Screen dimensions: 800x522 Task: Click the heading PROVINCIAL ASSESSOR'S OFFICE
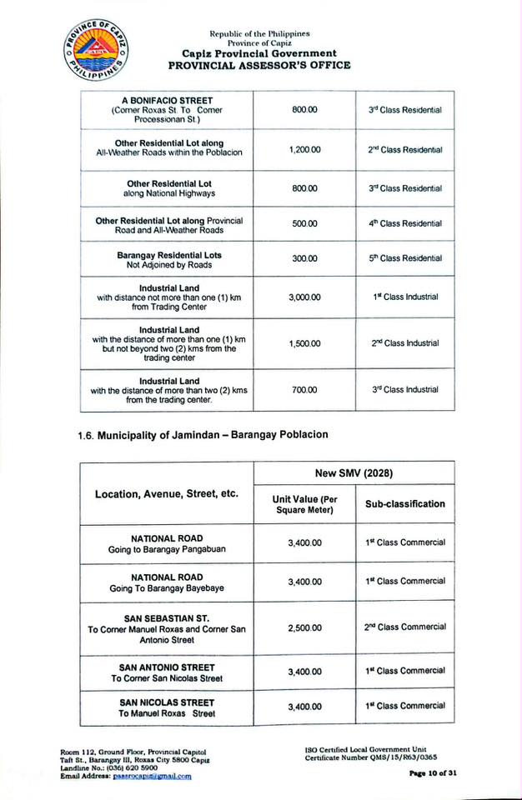[x=259, y=65]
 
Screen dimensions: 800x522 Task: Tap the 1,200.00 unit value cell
[x=304, y=149]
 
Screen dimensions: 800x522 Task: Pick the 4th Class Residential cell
[x=405, y=223]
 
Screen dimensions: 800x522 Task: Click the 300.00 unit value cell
[x=304, y=258]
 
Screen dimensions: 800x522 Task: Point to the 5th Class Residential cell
[x=405, y=258]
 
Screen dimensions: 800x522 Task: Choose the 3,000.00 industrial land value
[x=304, y=297]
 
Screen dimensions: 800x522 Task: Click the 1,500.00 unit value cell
[x=304, y=343]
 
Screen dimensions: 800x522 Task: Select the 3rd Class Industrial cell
[x=405, y=390]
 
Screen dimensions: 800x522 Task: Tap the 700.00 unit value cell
[x=304, y=390]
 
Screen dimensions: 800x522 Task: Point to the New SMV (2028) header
[x=354, y=472]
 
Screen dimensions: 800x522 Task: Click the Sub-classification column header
[x=405, y=503]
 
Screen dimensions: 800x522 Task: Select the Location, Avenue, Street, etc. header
[x=167, y=494]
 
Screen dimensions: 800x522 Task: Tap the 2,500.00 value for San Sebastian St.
[x=304, y=627]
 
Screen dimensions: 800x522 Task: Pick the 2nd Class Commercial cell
[x=405, y=627]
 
